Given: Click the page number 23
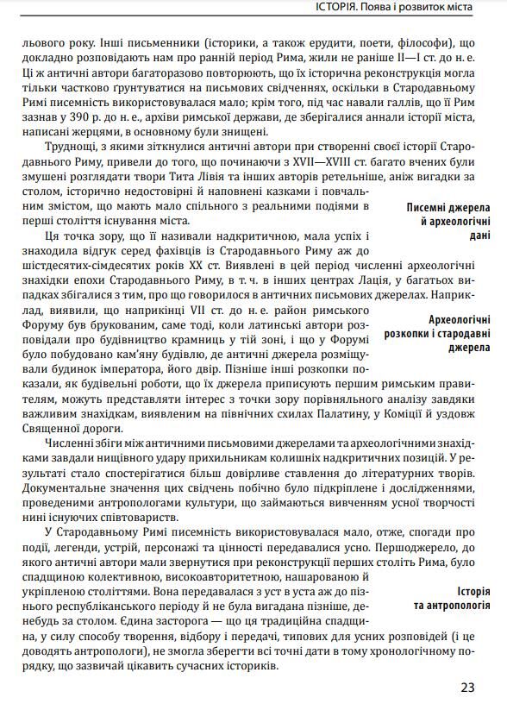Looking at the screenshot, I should tap(467, 688).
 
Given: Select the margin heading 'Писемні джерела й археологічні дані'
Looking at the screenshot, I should tap(448, 221).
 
